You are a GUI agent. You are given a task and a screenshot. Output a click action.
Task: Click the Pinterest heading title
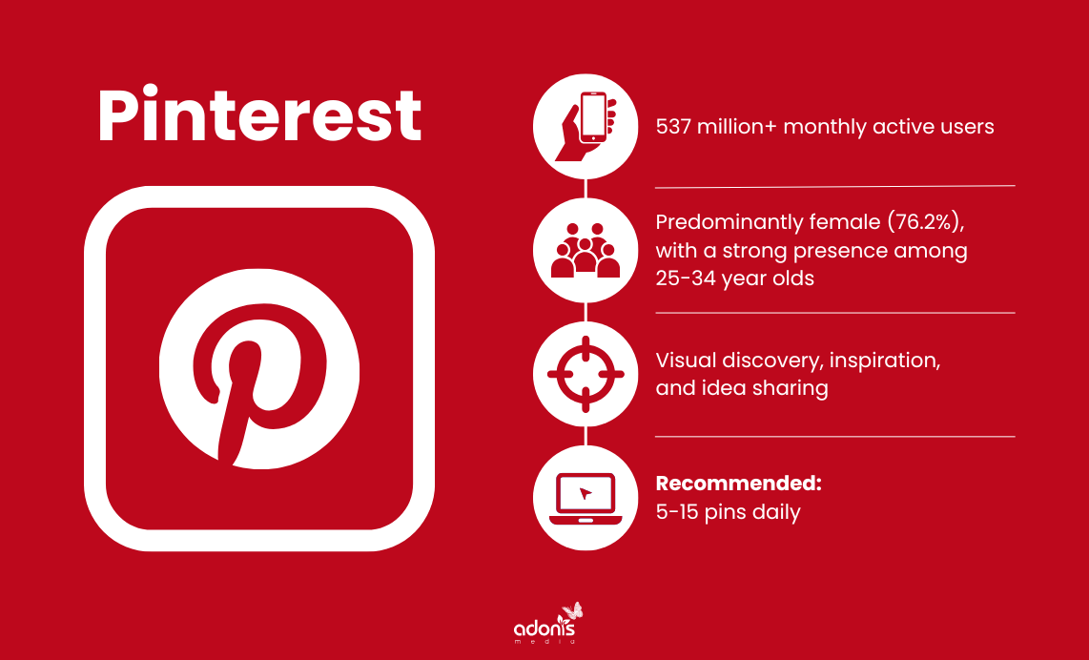coord(259,116)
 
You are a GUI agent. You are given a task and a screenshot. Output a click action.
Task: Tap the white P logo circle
coord(259,380)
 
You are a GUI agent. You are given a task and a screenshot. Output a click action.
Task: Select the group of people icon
coord(586,251)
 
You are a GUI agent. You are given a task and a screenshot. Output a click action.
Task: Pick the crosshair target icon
coord(586,374)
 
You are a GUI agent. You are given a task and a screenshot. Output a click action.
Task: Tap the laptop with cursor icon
coord(586,498)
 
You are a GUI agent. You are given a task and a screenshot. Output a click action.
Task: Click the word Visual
coord(683,361)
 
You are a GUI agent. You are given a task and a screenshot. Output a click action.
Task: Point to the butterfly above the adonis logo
coord(572,610)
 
